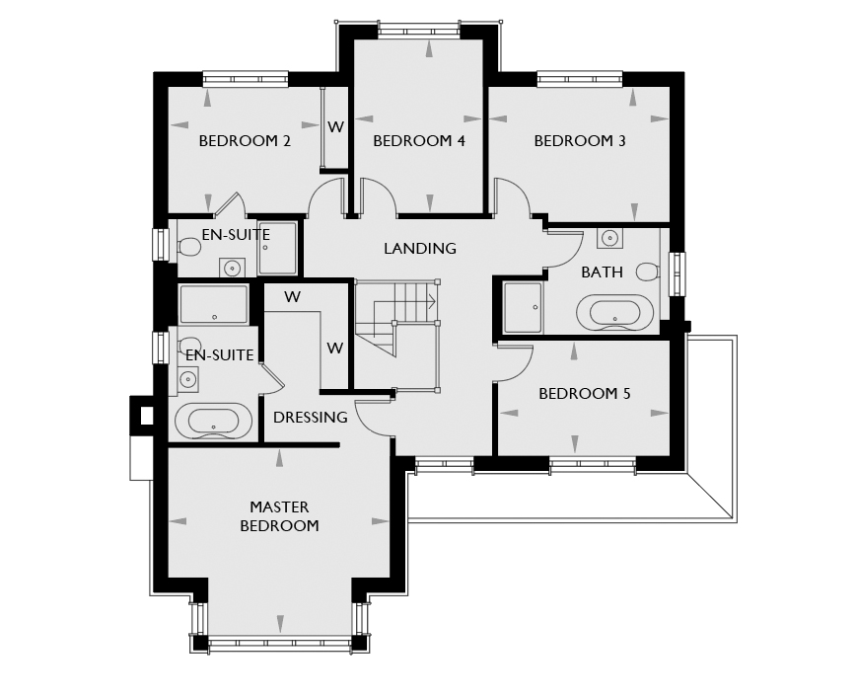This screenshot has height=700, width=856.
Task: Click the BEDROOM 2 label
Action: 245,141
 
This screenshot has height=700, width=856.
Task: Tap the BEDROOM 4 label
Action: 419,141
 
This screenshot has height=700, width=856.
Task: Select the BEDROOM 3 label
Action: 580,141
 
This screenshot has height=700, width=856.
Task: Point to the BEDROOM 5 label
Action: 585,394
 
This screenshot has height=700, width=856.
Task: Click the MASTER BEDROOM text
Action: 279,516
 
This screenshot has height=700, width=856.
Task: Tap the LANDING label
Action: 420,249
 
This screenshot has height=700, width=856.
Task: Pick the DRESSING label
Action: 310,418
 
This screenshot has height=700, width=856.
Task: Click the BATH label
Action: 603,272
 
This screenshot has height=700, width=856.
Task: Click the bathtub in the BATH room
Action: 614,313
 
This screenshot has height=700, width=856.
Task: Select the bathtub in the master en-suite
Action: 213,421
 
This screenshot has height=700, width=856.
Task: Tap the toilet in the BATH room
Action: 648,272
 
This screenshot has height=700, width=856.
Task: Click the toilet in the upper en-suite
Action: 189,247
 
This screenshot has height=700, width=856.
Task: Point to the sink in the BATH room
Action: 609,238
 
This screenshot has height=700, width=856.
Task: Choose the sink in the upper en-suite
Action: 233,268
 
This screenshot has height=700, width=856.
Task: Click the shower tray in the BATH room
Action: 523,308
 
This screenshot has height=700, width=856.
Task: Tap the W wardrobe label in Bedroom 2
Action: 335,127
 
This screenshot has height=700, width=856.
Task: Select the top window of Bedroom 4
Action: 419,30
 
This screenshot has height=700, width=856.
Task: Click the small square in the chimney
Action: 147,416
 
